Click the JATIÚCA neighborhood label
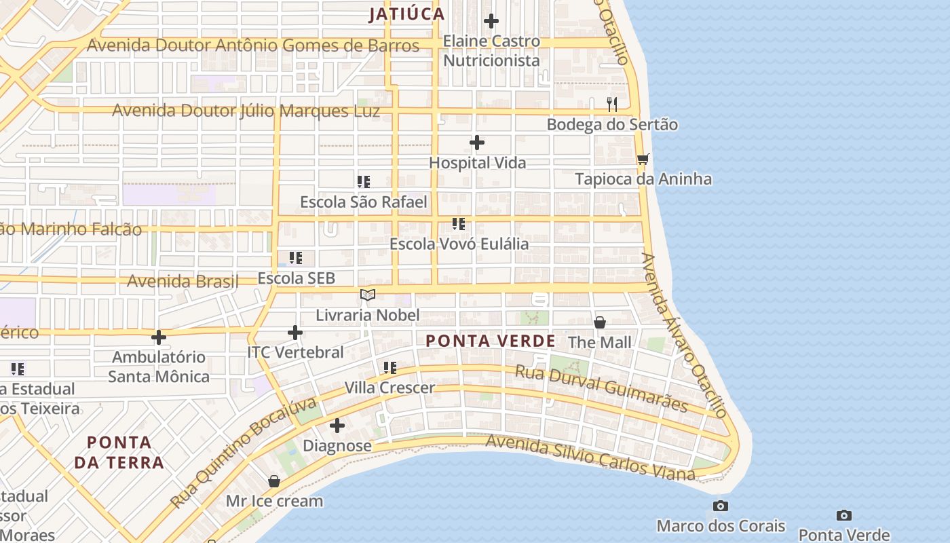(406, 14)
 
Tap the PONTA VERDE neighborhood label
(490, 341)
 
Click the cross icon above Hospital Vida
(477, 143)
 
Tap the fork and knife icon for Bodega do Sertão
(612, 104)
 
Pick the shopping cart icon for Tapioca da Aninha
(643, 159)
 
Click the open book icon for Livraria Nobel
(368, 295)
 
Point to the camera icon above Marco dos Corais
(721, 506)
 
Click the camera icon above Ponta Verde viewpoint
(844, 515)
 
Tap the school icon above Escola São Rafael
(364, 182)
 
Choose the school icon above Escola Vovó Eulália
(459, 223)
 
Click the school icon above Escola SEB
(296, 258)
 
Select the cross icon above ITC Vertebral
(295, 333)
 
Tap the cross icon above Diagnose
(337, 426)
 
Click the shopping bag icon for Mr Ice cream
(274, 481)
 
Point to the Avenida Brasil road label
(183, 281)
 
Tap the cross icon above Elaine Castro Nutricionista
(491, 21)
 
